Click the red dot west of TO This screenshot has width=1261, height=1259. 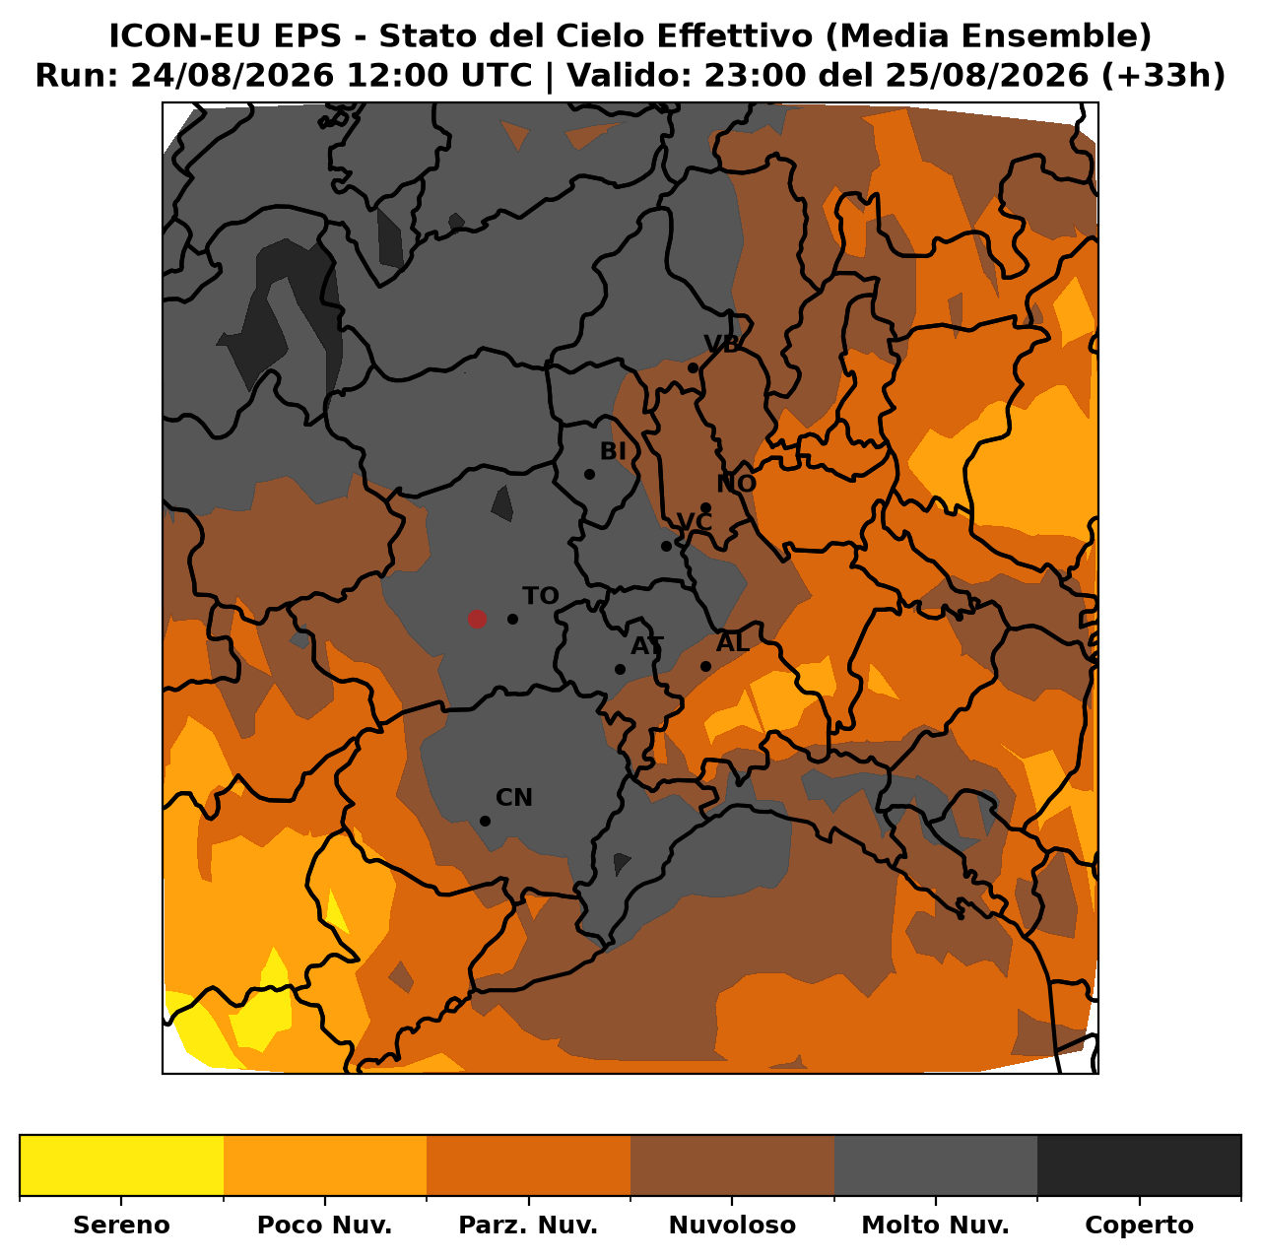(x=477, y=619)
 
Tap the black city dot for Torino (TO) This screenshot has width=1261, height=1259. (x=513, y=619)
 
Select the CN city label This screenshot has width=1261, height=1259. (x=513, y=798)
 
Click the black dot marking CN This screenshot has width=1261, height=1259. (x=485, y=822)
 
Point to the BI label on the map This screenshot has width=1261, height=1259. (x=613, y=451)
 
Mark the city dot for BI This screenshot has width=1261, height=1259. (x=589, y=474)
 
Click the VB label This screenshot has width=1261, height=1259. (x=722, y=344)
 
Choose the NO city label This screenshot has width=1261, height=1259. (x=736, y=484)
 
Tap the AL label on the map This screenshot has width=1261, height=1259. (x=732, y=643)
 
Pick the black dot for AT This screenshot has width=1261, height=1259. (x=620, y=669)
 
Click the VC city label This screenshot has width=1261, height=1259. (x=695, y=522)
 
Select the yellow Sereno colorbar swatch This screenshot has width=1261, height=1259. (x=122, y=1165)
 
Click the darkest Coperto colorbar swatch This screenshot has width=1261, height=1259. (x=1139, y=1165)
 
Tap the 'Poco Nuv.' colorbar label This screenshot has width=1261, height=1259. (x=324, y=1225)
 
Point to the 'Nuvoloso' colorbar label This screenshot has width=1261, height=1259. (x=732, y=1225)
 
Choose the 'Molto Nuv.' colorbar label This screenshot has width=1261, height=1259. (x=935, y=1225)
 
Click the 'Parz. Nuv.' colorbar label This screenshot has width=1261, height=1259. (x=528, y=1225)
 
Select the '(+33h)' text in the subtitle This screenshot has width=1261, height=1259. (x=1162, y=76)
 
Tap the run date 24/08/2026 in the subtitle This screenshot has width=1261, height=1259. (x=232, y=76)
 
